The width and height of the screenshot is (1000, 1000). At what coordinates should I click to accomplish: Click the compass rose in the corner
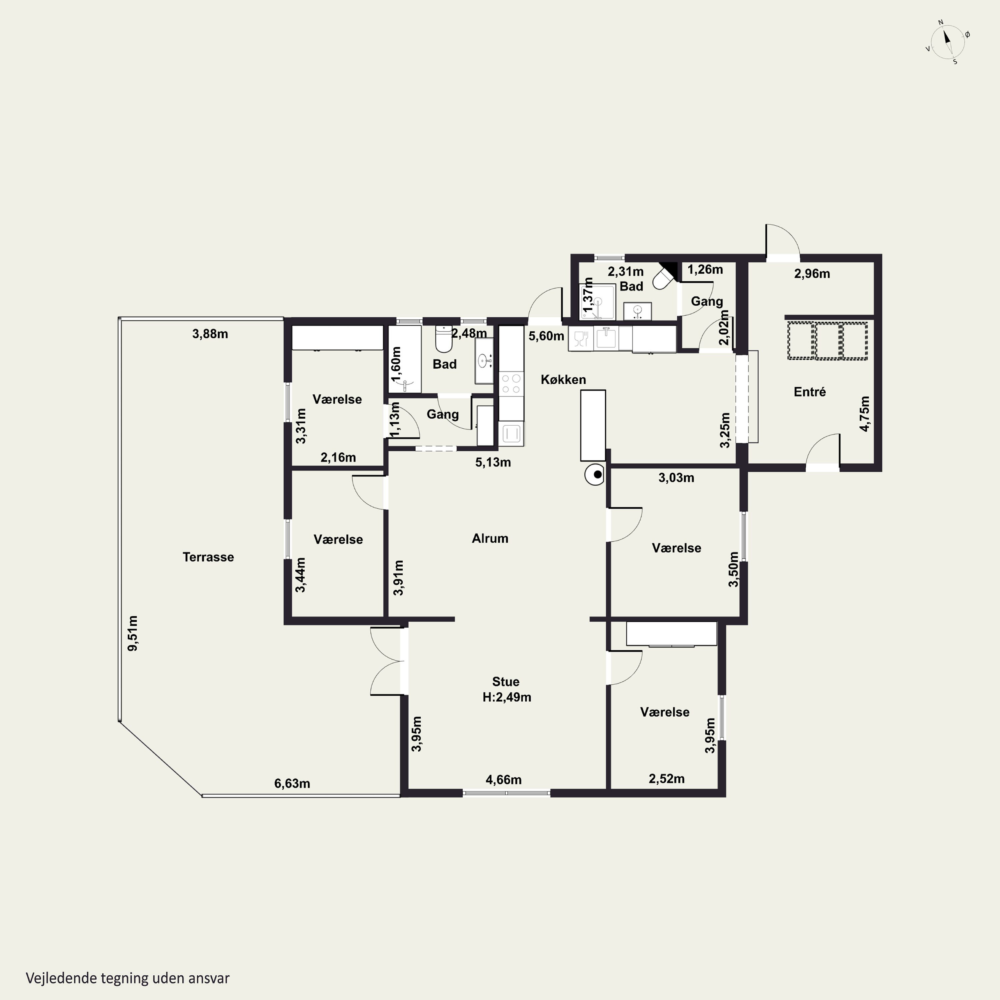coord(947,42)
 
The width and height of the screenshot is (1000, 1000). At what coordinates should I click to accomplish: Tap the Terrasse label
coord(208,557)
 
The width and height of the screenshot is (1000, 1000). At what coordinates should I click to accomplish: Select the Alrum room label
coord(490,538)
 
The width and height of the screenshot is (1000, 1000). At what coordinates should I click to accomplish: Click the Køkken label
coord(563,379)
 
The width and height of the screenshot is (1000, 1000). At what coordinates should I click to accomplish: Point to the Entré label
coord(810,392)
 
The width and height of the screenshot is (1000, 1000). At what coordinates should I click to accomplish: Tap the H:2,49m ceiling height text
coord(507,697)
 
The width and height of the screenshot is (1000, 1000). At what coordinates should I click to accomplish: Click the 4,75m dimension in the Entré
coord(864,414)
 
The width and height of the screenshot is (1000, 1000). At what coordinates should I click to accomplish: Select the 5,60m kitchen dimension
coord(546,336)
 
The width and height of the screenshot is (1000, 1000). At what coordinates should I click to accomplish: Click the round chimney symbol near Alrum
coord(595,474)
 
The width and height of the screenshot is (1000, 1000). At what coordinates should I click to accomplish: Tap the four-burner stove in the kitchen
coord(511,384)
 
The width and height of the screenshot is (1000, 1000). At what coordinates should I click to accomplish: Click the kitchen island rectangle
coord(593,425)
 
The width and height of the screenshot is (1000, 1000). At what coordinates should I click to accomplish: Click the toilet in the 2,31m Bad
coord(664,278)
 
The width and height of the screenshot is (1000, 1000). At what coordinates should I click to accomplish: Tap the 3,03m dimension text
coord(676,478)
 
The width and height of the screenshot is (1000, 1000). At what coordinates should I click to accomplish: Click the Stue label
coord(506,682)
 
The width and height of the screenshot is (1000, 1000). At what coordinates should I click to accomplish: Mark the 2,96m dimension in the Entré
coord(812,274)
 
